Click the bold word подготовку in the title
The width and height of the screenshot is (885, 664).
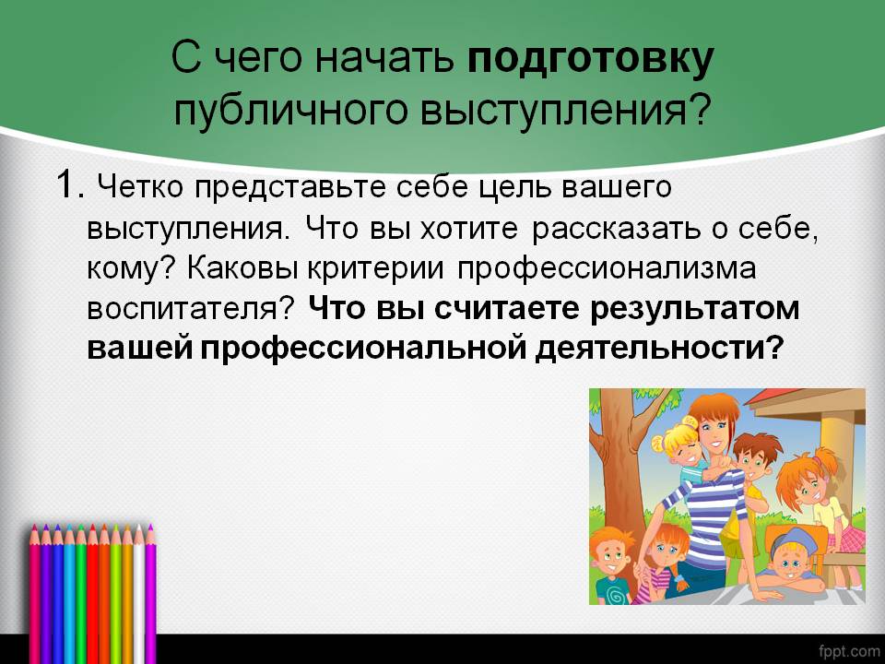[591, 60]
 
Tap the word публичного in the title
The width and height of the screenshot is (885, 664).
[290, 110]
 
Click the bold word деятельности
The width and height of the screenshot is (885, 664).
[652, 349]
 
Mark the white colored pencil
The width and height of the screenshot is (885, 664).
[139, 587]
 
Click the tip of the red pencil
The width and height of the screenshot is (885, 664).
[92, 527]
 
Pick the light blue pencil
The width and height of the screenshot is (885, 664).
[69, 587]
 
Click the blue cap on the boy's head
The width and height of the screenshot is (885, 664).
[791, 537]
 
